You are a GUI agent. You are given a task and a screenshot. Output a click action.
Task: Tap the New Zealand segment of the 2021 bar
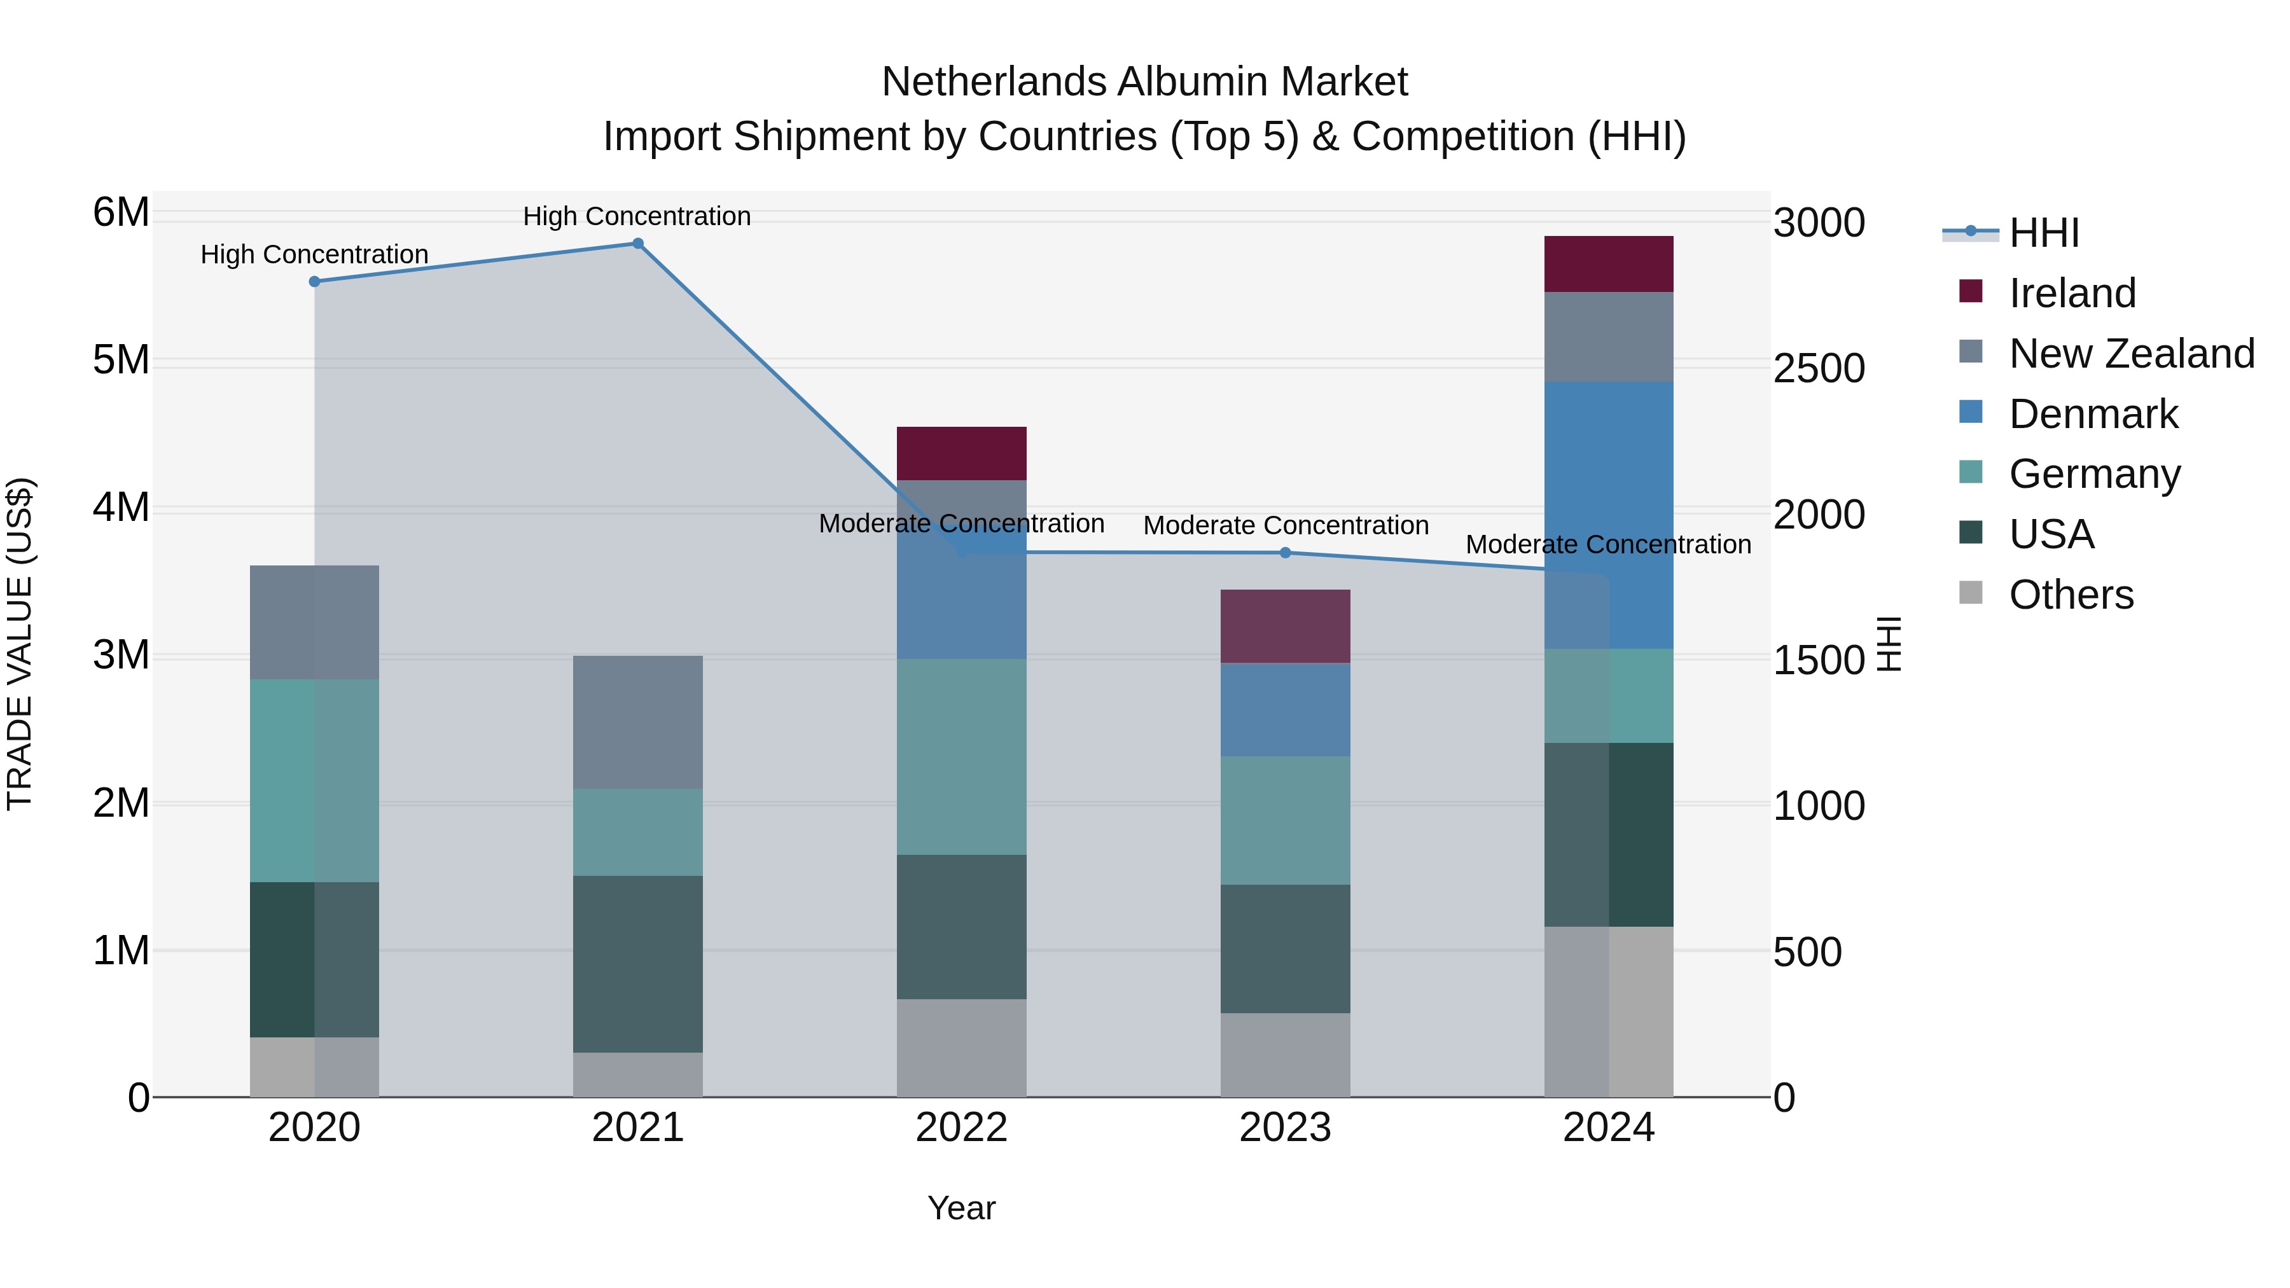637,722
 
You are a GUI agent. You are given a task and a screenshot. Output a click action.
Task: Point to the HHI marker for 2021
637,244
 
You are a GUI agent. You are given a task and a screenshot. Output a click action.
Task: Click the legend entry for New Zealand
2131,354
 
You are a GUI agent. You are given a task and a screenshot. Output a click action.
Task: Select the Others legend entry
2071,595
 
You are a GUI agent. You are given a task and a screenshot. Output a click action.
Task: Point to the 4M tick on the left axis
121,508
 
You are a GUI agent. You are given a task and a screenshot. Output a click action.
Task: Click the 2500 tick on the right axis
1819,369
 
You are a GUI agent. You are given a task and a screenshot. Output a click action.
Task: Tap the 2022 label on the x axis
961,1128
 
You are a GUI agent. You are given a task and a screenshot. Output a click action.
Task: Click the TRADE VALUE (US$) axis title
20,644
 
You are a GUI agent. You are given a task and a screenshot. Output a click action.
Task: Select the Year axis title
961,1208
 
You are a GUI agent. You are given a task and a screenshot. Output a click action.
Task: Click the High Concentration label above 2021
637,216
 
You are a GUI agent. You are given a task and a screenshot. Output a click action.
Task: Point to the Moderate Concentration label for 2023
1286,525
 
